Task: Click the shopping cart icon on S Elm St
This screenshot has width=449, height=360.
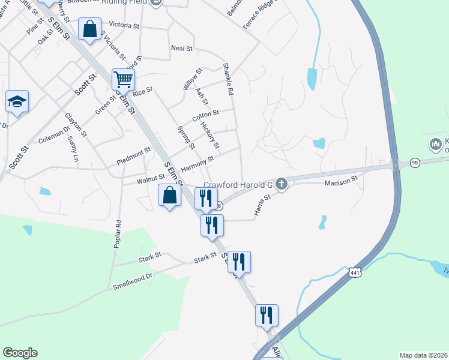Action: pos(123,79)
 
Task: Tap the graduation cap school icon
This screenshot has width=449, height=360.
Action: pos(17,101)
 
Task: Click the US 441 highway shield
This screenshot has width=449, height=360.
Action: pos(355,272)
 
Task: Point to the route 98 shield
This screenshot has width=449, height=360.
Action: pos(415,163)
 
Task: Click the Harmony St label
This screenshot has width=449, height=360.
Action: pos(197,162)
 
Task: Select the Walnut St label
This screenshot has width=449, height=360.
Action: pos(151,178)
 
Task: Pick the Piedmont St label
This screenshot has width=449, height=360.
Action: pos(133,155)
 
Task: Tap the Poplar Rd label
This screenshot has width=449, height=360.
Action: pos(118,235)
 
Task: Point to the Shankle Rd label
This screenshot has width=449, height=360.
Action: pos(227,80)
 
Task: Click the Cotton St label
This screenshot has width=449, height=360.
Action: pos(205,115)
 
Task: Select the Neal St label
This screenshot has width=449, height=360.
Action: pos(181,48)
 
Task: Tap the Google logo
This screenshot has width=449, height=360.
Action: pos(20,353)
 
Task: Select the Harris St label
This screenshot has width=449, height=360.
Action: pos(259,206)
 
